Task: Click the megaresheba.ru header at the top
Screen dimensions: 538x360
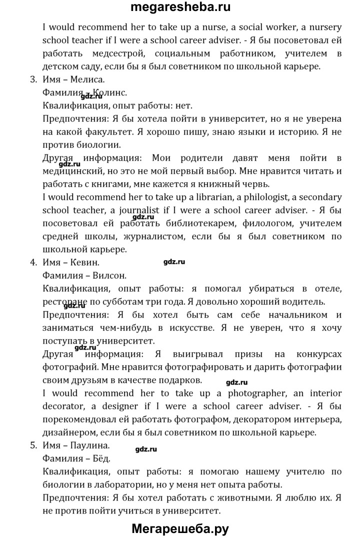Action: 180,7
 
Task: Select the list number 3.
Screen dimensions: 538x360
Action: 33,79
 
